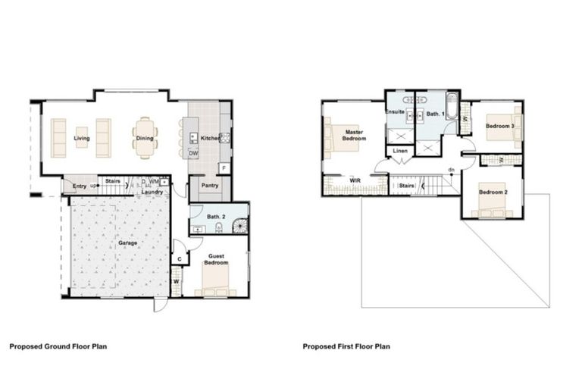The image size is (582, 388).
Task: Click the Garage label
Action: coord(127,242)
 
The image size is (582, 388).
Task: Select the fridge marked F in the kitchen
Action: coord(224,167)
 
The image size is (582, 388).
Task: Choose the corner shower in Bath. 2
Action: coord(239,226)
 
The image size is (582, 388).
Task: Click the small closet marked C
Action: coord(179,259)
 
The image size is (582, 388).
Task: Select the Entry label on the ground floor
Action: coord(80,186)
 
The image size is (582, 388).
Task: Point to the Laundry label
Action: coord(152,191)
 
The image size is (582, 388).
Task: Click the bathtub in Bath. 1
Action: coord(452,106)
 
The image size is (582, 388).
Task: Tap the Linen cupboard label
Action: coord(401,151)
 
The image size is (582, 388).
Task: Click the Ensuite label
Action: coord(396,111)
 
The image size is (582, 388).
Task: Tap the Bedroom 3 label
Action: coord(500,125)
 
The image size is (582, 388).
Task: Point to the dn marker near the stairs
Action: coord(450,169)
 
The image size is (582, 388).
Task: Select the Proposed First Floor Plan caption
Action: coord(346,347)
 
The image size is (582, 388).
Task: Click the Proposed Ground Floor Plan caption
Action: coord(58,347)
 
